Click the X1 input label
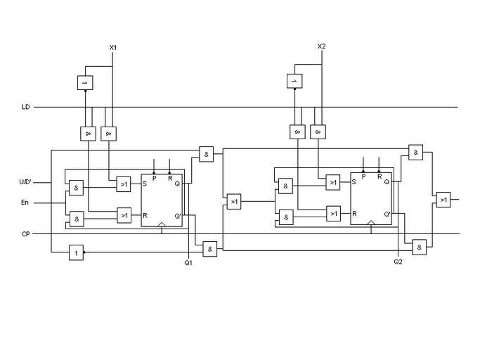(112, 47)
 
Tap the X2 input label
(321, 46)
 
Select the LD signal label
(25, 107)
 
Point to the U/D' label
(25, 183)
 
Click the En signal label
(25, 203)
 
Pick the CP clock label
(25, 233)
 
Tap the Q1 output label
(188, 262)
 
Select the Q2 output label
(398, 262)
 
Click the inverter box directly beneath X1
(85, 82)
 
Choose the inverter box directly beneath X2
(294, 82)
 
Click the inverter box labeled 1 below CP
(76, 252)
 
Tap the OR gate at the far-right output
(443, 200)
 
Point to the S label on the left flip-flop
(145, 184)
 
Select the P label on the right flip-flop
(363, 176)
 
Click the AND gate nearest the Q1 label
(209, 248)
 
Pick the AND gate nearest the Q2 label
(419, 247)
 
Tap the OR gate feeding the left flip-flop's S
(124, 184)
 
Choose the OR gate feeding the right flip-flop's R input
(333, 213)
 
